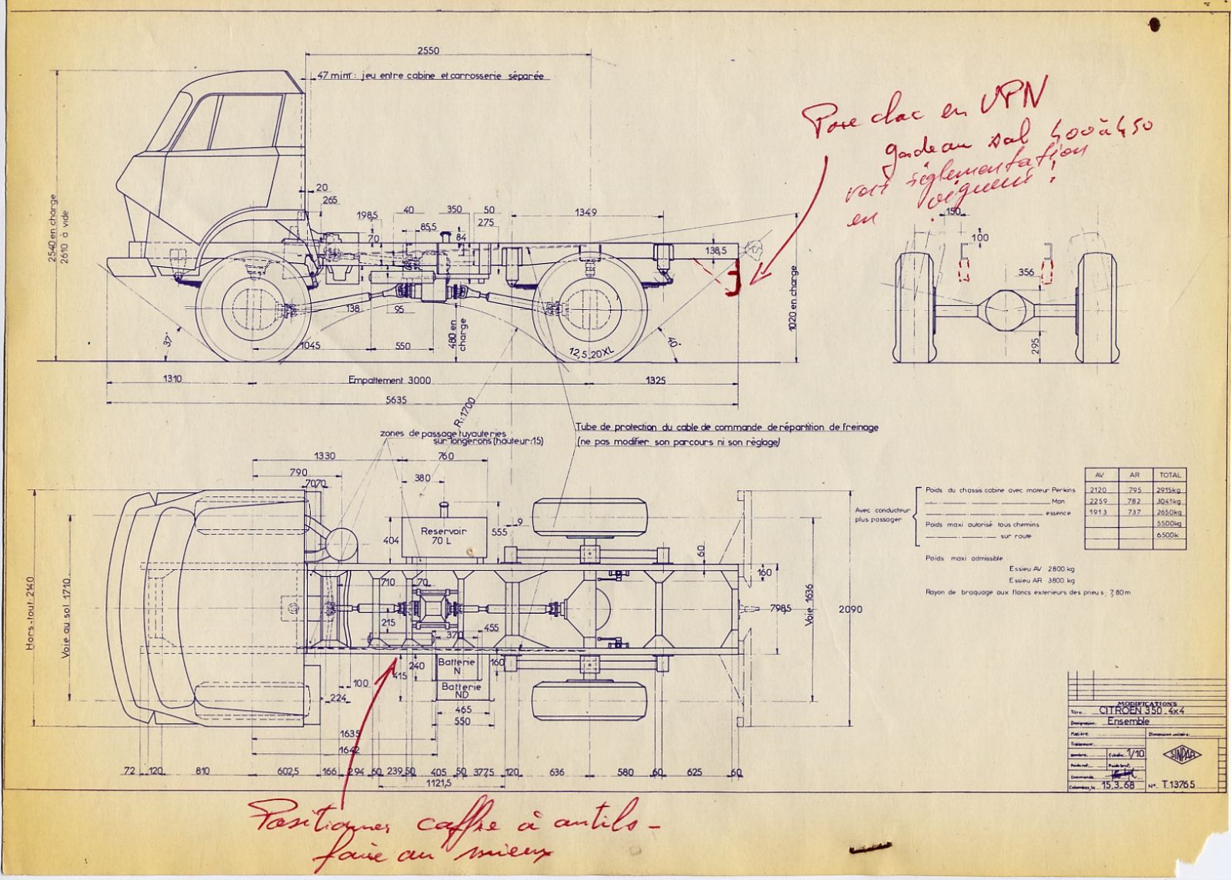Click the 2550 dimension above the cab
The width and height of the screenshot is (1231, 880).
click(428, 52)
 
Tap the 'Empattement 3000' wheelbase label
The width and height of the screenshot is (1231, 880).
click(389, 380)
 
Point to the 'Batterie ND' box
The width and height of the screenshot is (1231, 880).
click(461, 691)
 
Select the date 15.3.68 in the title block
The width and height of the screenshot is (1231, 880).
click(1118, 786)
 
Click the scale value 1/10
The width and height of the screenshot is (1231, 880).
click(1134, 755)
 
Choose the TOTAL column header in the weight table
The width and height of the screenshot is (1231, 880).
click(1169, 475)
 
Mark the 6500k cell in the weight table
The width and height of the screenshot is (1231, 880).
click(1169, 535)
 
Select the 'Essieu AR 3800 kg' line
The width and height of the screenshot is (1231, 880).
click(1041, 581)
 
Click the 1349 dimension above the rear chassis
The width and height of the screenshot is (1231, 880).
click(586, 212)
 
